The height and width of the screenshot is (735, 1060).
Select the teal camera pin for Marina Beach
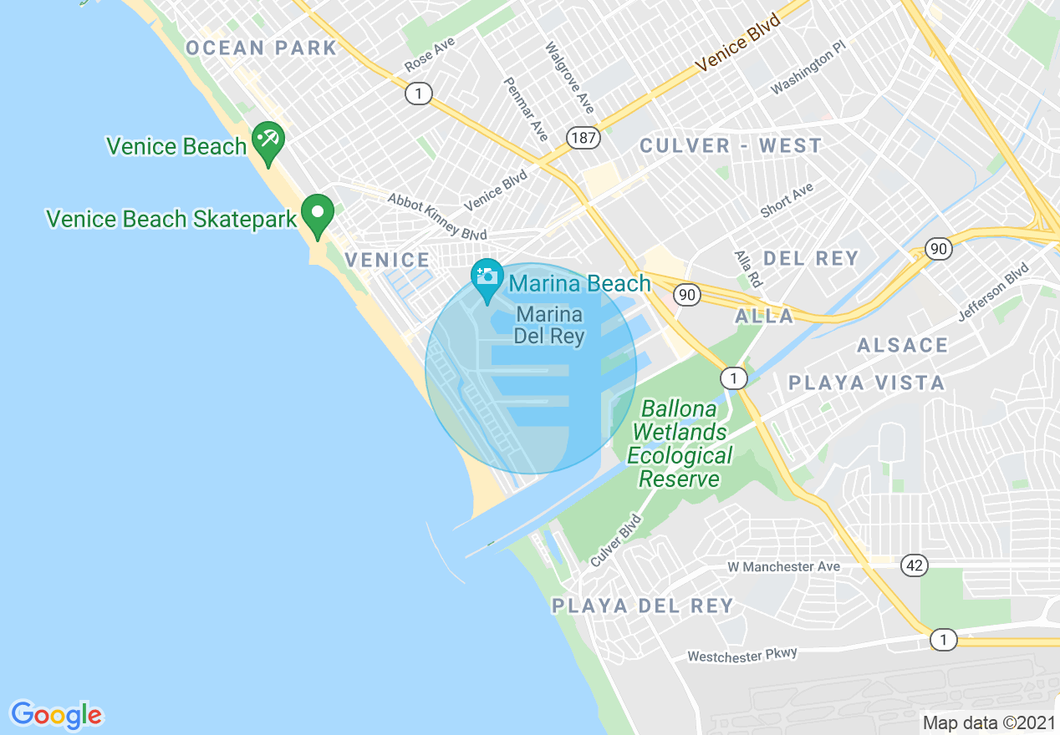tap(487, 278)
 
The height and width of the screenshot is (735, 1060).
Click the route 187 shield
tap(583, 138)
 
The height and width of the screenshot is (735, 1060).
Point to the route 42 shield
tap(915, 566)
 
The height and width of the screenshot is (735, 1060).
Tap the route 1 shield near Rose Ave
tap(418, 94)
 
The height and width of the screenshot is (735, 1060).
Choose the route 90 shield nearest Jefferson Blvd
tap(939, 248)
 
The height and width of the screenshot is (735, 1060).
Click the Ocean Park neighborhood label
tap(261, 48)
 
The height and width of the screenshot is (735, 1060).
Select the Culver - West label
tap(731, 145)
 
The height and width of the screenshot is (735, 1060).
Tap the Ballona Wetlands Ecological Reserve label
tap(678, 444)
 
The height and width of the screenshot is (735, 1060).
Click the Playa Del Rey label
tap(642, 606)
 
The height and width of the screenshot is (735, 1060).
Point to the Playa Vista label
tap(867, 383)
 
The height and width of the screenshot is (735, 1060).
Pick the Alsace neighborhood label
tap(902, 345)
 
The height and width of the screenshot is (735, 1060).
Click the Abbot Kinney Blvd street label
tap(436, 217)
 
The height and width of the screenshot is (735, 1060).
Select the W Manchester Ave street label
tap(783, 566)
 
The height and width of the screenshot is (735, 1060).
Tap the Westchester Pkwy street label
tap(742, 655)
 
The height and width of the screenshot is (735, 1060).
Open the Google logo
tap(56, 715)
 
